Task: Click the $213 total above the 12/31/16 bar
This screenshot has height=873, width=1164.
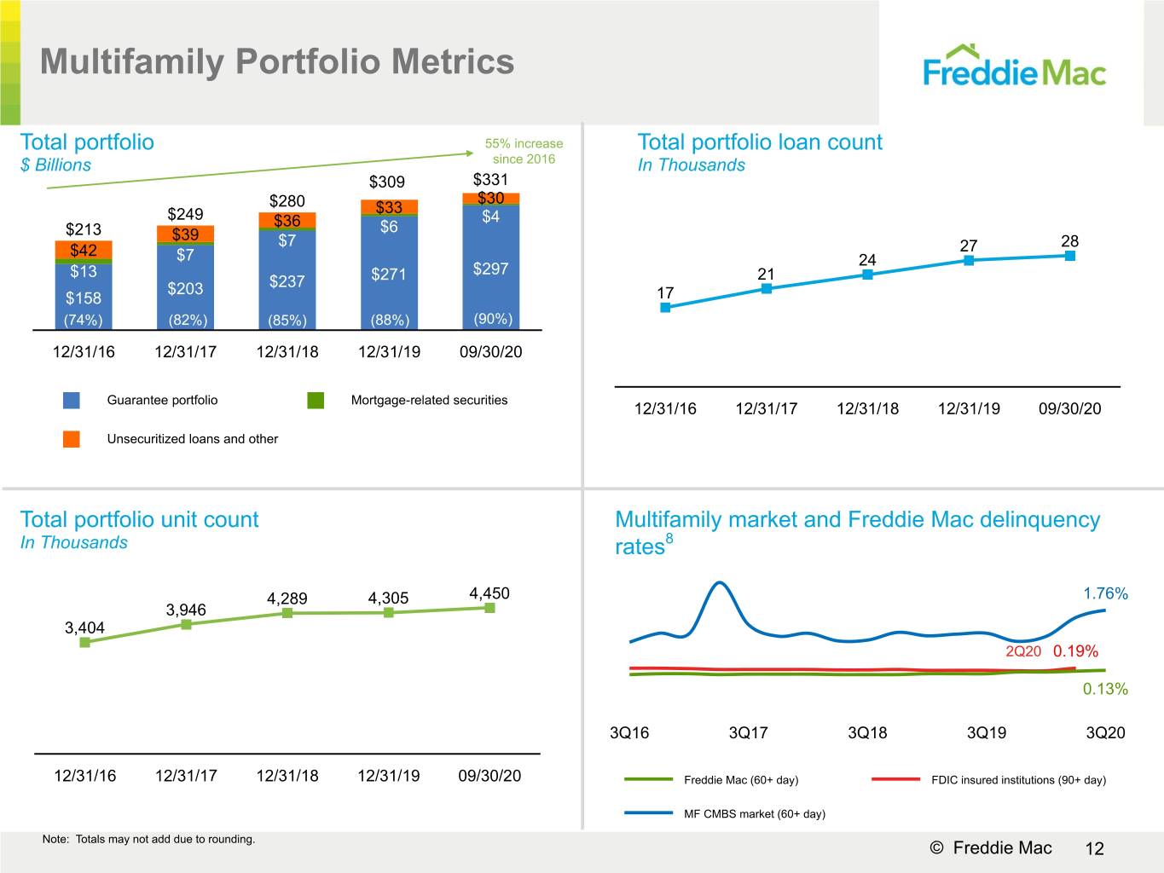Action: pos(84,229)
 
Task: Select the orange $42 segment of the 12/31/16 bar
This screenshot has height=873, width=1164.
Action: pos(84,250)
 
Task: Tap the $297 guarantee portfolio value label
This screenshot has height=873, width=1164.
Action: pos(490,269)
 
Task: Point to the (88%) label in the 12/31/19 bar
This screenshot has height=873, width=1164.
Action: pos(389,321)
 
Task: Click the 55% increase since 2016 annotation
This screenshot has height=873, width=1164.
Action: pos(524,151)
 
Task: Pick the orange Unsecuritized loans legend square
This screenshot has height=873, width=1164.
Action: pos(71,439)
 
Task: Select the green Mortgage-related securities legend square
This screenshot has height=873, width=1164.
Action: pos(316,400)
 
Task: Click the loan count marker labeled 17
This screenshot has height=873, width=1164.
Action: pos(665,308)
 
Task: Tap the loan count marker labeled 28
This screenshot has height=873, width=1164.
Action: pos(1070,256)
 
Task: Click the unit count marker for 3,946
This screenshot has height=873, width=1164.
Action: pos(186,624)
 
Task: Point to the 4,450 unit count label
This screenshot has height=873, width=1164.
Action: pos(489,593)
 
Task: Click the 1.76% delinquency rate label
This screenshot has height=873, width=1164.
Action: pos(1105,593)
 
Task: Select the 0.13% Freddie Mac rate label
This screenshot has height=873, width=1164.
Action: pos(1105,689)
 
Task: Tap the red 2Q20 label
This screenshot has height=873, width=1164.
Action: pos(1023,650)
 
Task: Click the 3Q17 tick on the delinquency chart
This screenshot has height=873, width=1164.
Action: pos(748,732)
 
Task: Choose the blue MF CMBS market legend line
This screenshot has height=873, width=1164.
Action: pos(649,812)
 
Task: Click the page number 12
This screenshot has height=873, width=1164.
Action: pos(1095,848)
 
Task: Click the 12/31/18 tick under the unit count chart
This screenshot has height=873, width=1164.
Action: pos(287,776)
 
